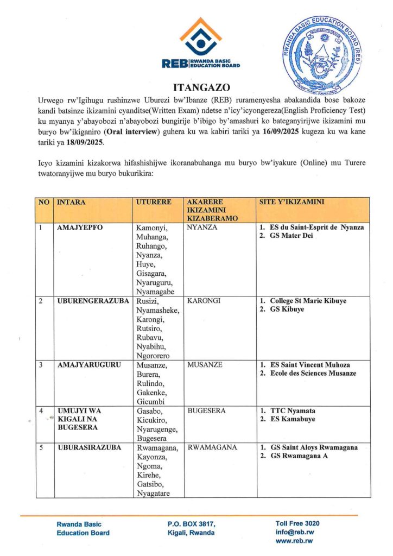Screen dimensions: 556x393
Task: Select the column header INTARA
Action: point(71,203)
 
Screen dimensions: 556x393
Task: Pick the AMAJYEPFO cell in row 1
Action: point(80,228)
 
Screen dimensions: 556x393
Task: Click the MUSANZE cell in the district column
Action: point(205,365)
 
